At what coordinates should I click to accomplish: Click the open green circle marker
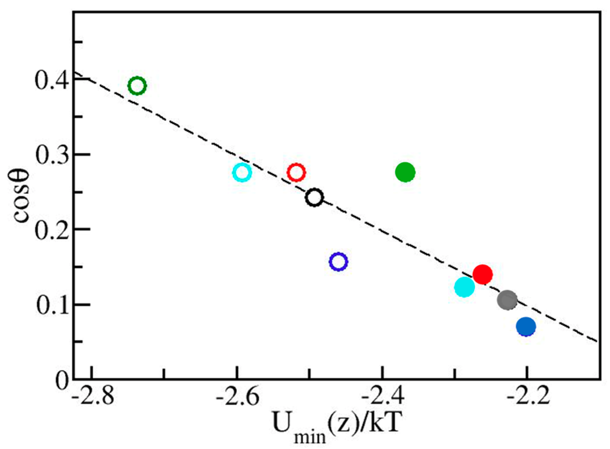point(137,86)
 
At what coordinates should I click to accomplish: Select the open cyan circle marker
point(242,173)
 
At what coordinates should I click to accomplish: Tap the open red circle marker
point(296,173)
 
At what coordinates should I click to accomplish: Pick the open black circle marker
point(315,198)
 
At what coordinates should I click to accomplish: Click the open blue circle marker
point(338,262)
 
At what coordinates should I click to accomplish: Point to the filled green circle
point(405,172)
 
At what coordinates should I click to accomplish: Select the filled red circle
point(482,274)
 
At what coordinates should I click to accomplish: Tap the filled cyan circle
point(464,287)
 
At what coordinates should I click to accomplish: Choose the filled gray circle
point(507,300)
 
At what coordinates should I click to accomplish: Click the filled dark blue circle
point(526,327)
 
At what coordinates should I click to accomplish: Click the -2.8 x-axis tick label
point(93,398)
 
